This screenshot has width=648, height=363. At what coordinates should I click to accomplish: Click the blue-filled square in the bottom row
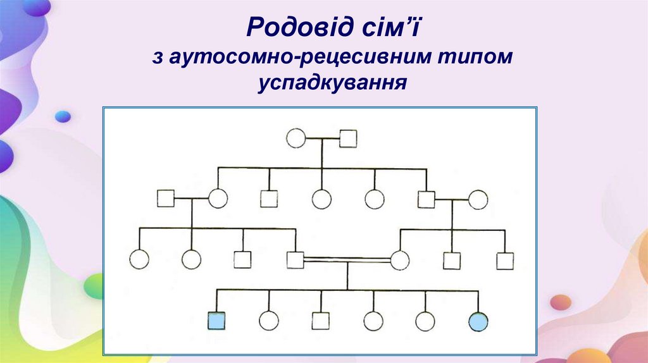click(216, 321)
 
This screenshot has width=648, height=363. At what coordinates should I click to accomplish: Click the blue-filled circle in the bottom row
click(478, 321)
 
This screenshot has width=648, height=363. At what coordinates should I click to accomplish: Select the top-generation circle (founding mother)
click(296, 138)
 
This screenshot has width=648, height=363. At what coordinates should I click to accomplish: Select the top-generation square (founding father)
click(348, 138)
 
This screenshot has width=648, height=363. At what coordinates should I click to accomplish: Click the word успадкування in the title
click(332, 82)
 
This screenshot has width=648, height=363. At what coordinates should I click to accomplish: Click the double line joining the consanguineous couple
click(347, 259)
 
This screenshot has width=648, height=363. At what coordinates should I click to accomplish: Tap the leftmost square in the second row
click(166, 199)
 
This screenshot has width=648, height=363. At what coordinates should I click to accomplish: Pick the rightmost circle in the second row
click(478, 200)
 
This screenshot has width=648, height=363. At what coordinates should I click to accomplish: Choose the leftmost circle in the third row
click(139, 259)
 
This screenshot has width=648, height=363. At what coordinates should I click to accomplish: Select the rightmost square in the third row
click(504, 260)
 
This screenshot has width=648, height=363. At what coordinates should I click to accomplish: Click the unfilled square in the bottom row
click(321, 321)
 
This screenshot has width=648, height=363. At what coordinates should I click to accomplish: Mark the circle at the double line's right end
click(400, 259)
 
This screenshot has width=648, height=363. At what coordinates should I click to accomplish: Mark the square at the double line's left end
click(295, 259)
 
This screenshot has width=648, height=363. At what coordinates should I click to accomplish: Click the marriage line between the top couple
click(323, 138)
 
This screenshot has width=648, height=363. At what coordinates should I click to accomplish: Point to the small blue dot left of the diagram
click(63, 116)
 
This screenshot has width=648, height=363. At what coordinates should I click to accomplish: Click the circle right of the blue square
click(268, 321)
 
